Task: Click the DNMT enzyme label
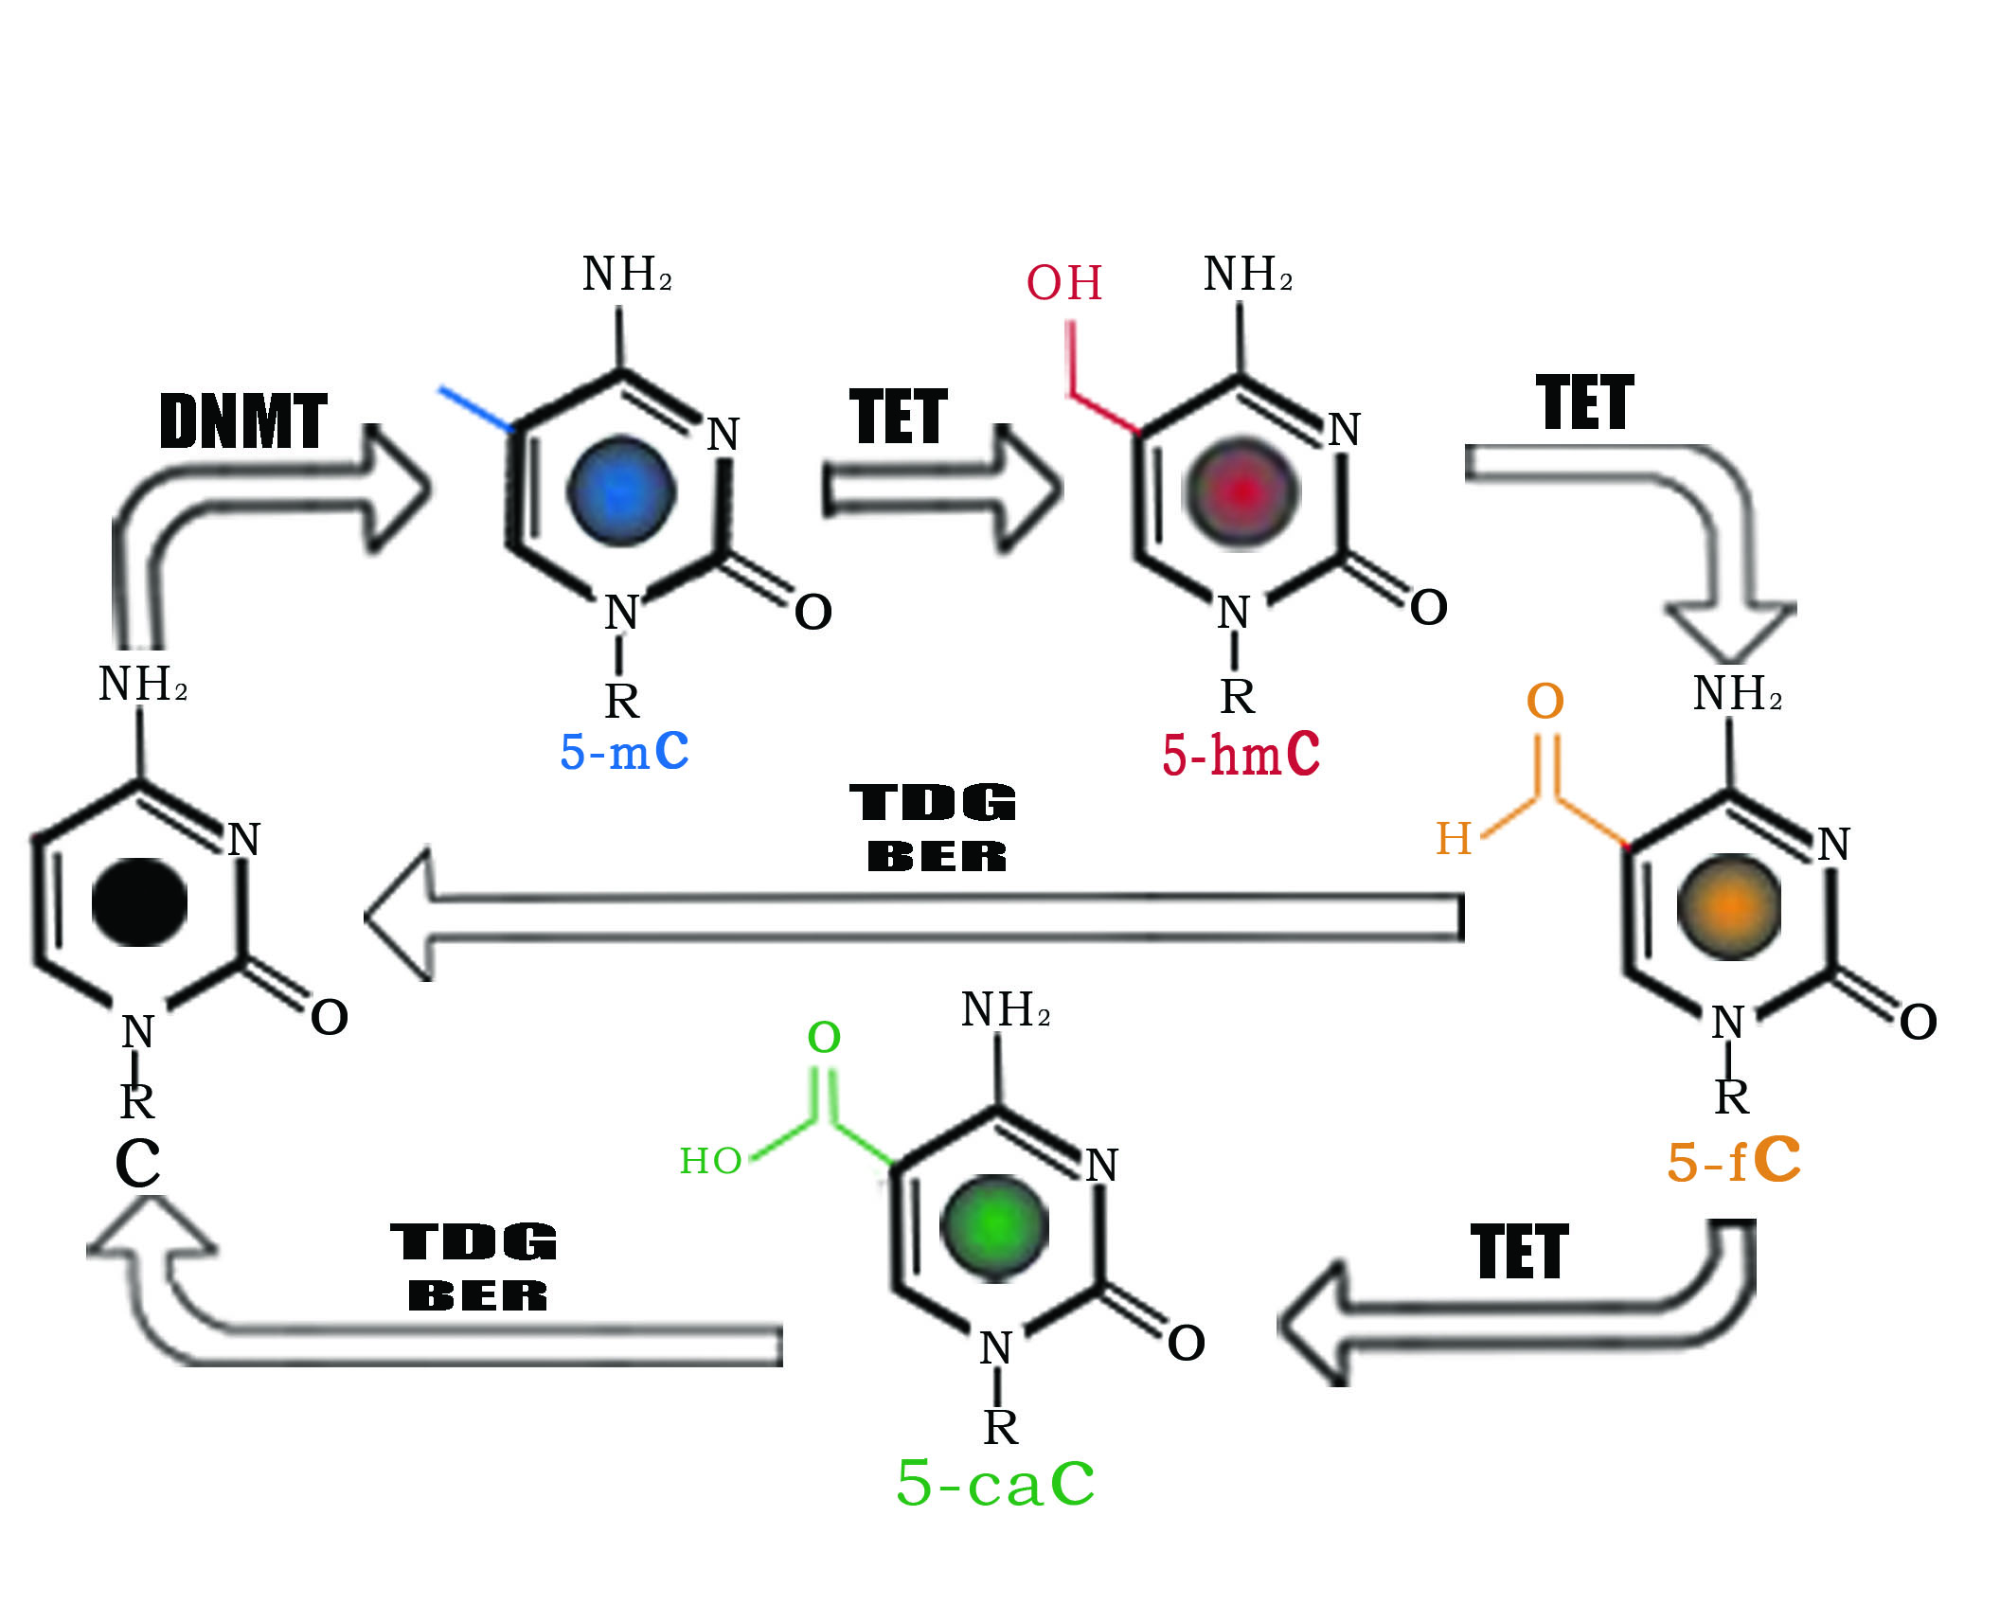(243, 421)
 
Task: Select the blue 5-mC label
(624, 752)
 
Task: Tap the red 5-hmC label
(1241, 755)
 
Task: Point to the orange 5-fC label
(1733, 1161)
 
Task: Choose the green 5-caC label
(995, 1483)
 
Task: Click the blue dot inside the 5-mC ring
(620, 491)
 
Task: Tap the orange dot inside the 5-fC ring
(1729, 906)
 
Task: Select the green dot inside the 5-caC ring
(993, 1227)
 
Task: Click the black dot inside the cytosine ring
(139, 902)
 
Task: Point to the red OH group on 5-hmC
(1064, 283)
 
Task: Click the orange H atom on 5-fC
(1454, 839)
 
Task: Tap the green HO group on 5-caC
(710, 1161)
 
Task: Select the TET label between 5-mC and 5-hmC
(898, 416)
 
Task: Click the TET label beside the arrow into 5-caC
(1519, 1252)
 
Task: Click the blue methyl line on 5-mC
(476, 409)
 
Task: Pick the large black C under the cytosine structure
(137, 1163)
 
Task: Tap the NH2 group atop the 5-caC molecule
(1005, 1009)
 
